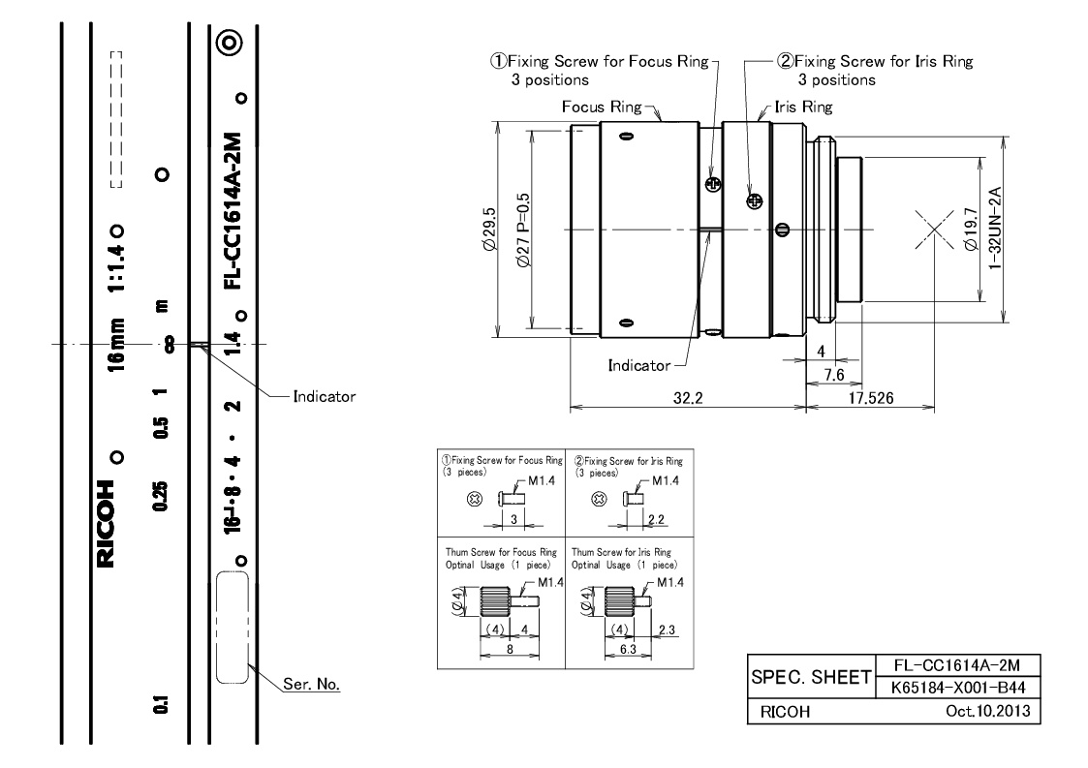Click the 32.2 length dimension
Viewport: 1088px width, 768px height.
[688, 398]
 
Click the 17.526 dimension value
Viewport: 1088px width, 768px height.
[871, 398]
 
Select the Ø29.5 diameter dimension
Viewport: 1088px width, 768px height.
[489, 229]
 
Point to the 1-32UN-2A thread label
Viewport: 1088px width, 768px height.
[994, 228]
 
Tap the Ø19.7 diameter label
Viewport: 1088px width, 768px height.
[971, 229]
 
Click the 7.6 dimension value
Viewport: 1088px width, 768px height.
[833, 376]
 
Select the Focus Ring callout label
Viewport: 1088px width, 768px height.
[602, 107]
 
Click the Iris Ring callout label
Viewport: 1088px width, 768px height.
[803, 107]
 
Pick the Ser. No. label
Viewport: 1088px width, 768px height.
[312, 684]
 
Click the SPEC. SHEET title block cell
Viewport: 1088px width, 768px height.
[811, 677]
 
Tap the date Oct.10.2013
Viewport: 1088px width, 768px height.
[988, 711]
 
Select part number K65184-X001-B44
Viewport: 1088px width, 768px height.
[957, 689]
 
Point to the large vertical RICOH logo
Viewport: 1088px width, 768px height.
[106, 524]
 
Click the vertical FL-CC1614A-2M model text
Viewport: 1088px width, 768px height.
[233, 211]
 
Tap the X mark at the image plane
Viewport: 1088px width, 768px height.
[934, 229]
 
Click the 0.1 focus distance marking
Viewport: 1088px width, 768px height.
[160, 705]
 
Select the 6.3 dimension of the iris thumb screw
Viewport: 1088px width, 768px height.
[628, 650]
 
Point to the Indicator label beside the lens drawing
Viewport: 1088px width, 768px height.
[639, 366]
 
